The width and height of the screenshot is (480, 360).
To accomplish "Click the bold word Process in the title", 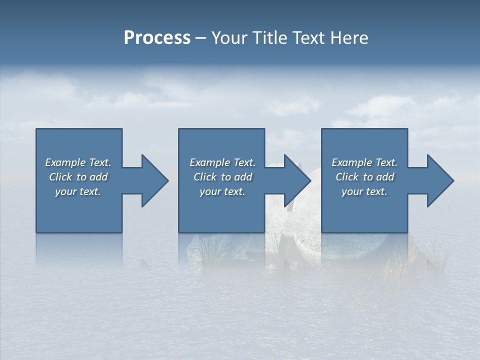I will click(157, 38).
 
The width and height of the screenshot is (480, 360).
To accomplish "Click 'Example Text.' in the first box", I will click(78, 162).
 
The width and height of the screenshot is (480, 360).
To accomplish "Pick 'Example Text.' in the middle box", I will click(222, 162).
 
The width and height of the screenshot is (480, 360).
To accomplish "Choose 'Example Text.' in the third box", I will click(364, 162).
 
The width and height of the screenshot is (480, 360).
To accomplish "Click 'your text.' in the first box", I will click(78, 191).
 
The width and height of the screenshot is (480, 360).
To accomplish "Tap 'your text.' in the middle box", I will click(222, 191).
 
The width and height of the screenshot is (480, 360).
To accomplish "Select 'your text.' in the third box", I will click(364, 191).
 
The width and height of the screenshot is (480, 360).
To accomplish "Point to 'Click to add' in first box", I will click(78, 177).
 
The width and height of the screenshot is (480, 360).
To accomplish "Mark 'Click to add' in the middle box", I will click(222, 177).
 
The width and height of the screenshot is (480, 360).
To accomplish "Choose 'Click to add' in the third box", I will click(364, 177).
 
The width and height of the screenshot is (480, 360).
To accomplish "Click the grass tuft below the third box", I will click(395, 260).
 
